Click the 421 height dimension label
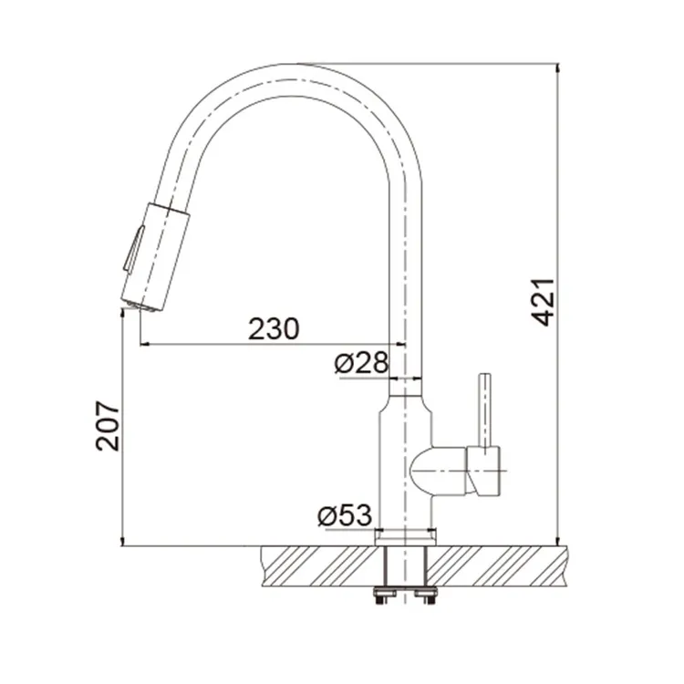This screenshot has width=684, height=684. click(x=544, y=302)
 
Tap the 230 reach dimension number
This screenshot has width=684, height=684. click(x=274, y=329)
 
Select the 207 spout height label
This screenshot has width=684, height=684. click(x=108, y=426)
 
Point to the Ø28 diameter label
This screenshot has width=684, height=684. click(x=361, y=362)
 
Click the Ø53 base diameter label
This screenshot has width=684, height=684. click(x=345, y=515)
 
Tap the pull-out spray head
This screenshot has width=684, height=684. click(x=155, y=257)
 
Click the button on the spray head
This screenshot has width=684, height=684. click(x=133, y=250)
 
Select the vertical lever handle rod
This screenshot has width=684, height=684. click(x=485, y=410)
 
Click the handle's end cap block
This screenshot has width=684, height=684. click(x=483, y=472)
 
